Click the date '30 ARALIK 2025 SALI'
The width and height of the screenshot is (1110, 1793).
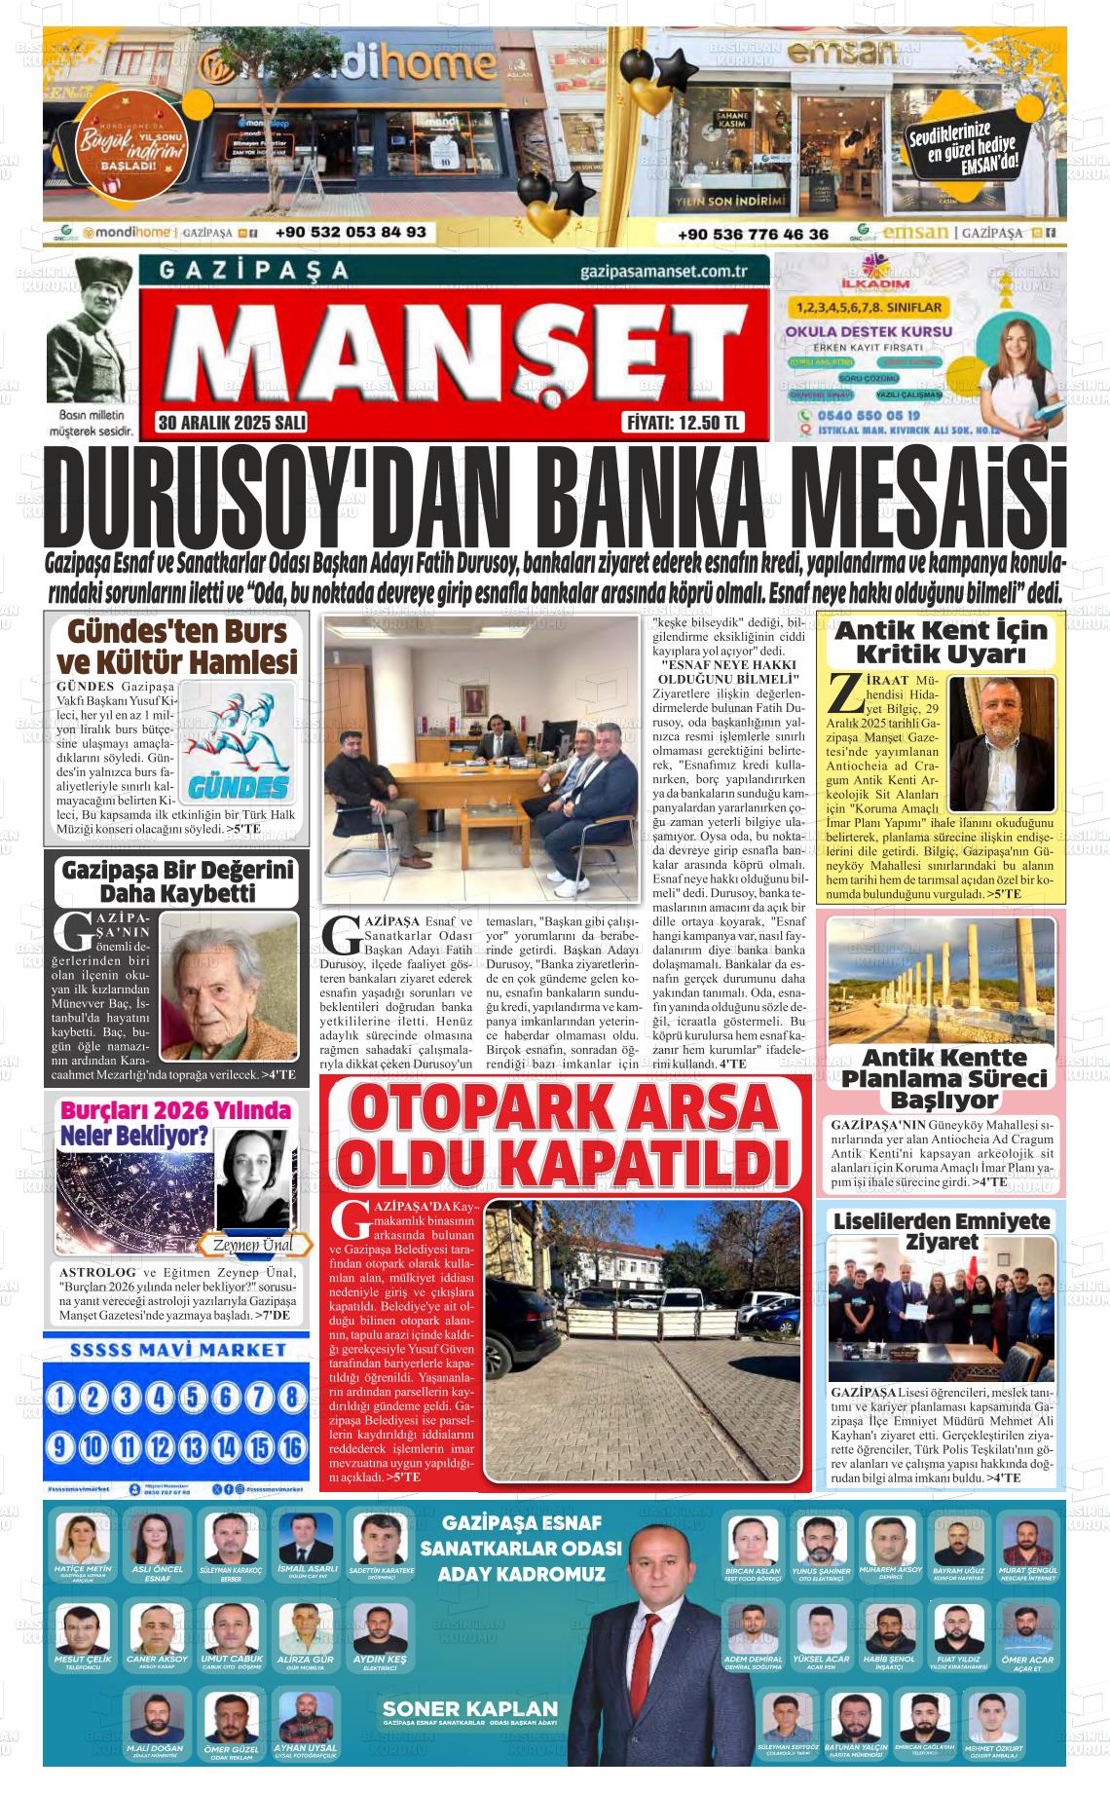click(x=232, y=423)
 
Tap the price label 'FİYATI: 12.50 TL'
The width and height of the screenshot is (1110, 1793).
click(x=683, y=423)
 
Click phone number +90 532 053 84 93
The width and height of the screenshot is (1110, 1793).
click(x=351, y=233)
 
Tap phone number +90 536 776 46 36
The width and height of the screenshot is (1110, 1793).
click(x=754, y=234)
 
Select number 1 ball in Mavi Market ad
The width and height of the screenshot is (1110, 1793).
click(x=60, y=1398)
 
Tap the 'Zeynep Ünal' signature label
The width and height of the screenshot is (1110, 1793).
click(x=250, y=1245)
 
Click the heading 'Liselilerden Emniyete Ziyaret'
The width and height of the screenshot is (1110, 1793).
click(x=942, y=1231)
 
